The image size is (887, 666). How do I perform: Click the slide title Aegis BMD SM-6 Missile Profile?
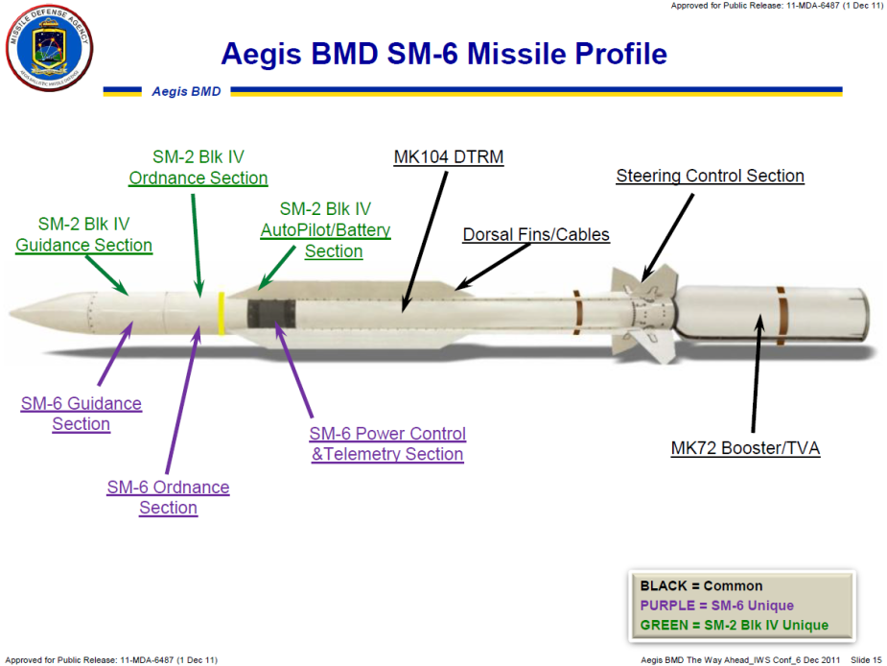pyautogui.click(x=443, y=54)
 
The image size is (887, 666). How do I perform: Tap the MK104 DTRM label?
pyautogui.click(x=448, y=157)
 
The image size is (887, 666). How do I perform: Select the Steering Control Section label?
pyautogui.click(x=710, y=176)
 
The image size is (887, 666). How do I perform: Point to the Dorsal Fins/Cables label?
pyautogui.click(x=536, y=234)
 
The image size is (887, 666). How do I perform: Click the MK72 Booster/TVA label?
pyautogui.click(x=745, y=448)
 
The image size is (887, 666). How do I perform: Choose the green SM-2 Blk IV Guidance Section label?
pyautogui.click(x=83, y=234)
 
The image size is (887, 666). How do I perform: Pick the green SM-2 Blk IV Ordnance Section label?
pyautogui.click(x=198, y=167)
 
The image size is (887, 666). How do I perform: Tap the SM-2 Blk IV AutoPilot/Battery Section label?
pyautogui.click(x=326, y=230)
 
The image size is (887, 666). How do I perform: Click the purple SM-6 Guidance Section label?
pyautogui.click(x=82, y=414)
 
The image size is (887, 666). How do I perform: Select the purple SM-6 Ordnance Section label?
pyautogui.click(x=168, y=497)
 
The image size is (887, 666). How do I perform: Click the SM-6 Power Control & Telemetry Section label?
pyautogui.click(x=387, y=444)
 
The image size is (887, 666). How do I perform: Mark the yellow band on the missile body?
pyautogui.click(x=221, y=313)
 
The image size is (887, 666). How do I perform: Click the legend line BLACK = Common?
pyautogui.click(x=703, y=585)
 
